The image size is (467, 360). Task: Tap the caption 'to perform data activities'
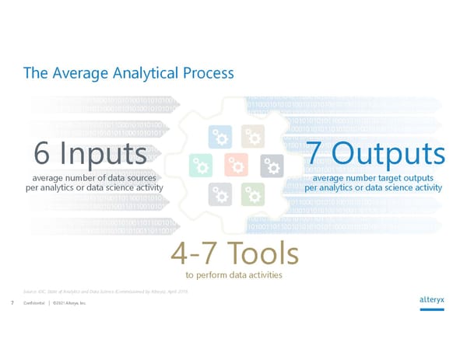pos(233,275)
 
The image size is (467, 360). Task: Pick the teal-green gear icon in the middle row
pos(201,165)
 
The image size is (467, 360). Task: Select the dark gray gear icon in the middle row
pos(270,165)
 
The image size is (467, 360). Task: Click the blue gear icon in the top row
pos(219,135)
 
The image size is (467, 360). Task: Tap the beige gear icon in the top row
pos(251,135)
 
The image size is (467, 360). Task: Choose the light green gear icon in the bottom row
pos(251,194)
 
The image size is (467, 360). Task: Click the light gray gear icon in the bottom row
pos(219,194)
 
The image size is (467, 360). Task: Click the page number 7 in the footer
pos(13,303)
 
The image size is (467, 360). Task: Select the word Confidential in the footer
pos(34,303)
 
